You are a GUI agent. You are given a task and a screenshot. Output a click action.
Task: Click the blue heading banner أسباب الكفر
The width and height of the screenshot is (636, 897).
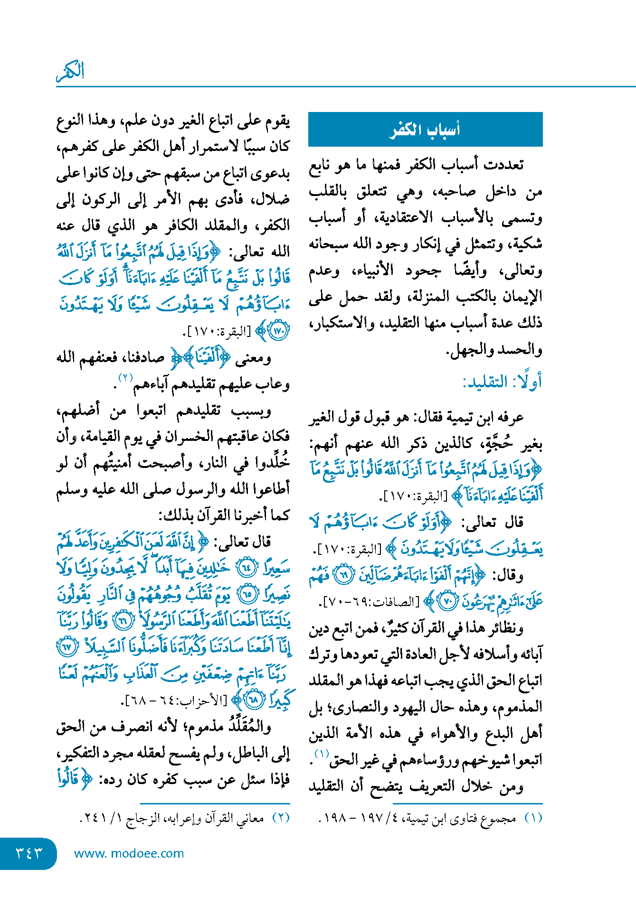click(x=425, y=129)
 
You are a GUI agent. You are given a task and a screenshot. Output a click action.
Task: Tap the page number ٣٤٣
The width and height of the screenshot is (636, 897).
click(x=28, y=853)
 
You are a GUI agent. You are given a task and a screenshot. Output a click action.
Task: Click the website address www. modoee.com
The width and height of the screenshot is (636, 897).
click(x=129, y=853)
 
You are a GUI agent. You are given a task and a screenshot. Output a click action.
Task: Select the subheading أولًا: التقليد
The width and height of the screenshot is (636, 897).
click(x=502, y=382)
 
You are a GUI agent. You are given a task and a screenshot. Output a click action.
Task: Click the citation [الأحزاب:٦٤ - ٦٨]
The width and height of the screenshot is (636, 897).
click(x=175, y=700)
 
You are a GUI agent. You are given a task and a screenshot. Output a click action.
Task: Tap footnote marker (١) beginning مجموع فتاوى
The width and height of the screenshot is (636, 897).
click(x=534, y=818)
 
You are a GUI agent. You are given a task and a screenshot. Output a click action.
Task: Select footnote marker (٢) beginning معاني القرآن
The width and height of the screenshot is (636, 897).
click(x=281, y=818)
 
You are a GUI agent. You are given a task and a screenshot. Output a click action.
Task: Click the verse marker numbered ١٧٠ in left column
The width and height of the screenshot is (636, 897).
click(x=278, y=331)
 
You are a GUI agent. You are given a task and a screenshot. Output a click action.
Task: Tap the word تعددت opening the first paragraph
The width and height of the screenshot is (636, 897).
click(x=504, y=165)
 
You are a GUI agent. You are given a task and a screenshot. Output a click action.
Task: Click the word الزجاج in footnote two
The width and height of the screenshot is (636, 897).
click(x=143, y=818)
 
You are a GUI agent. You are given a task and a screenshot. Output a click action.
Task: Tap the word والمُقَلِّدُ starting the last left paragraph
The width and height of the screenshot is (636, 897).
click(x=250, y=727)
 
